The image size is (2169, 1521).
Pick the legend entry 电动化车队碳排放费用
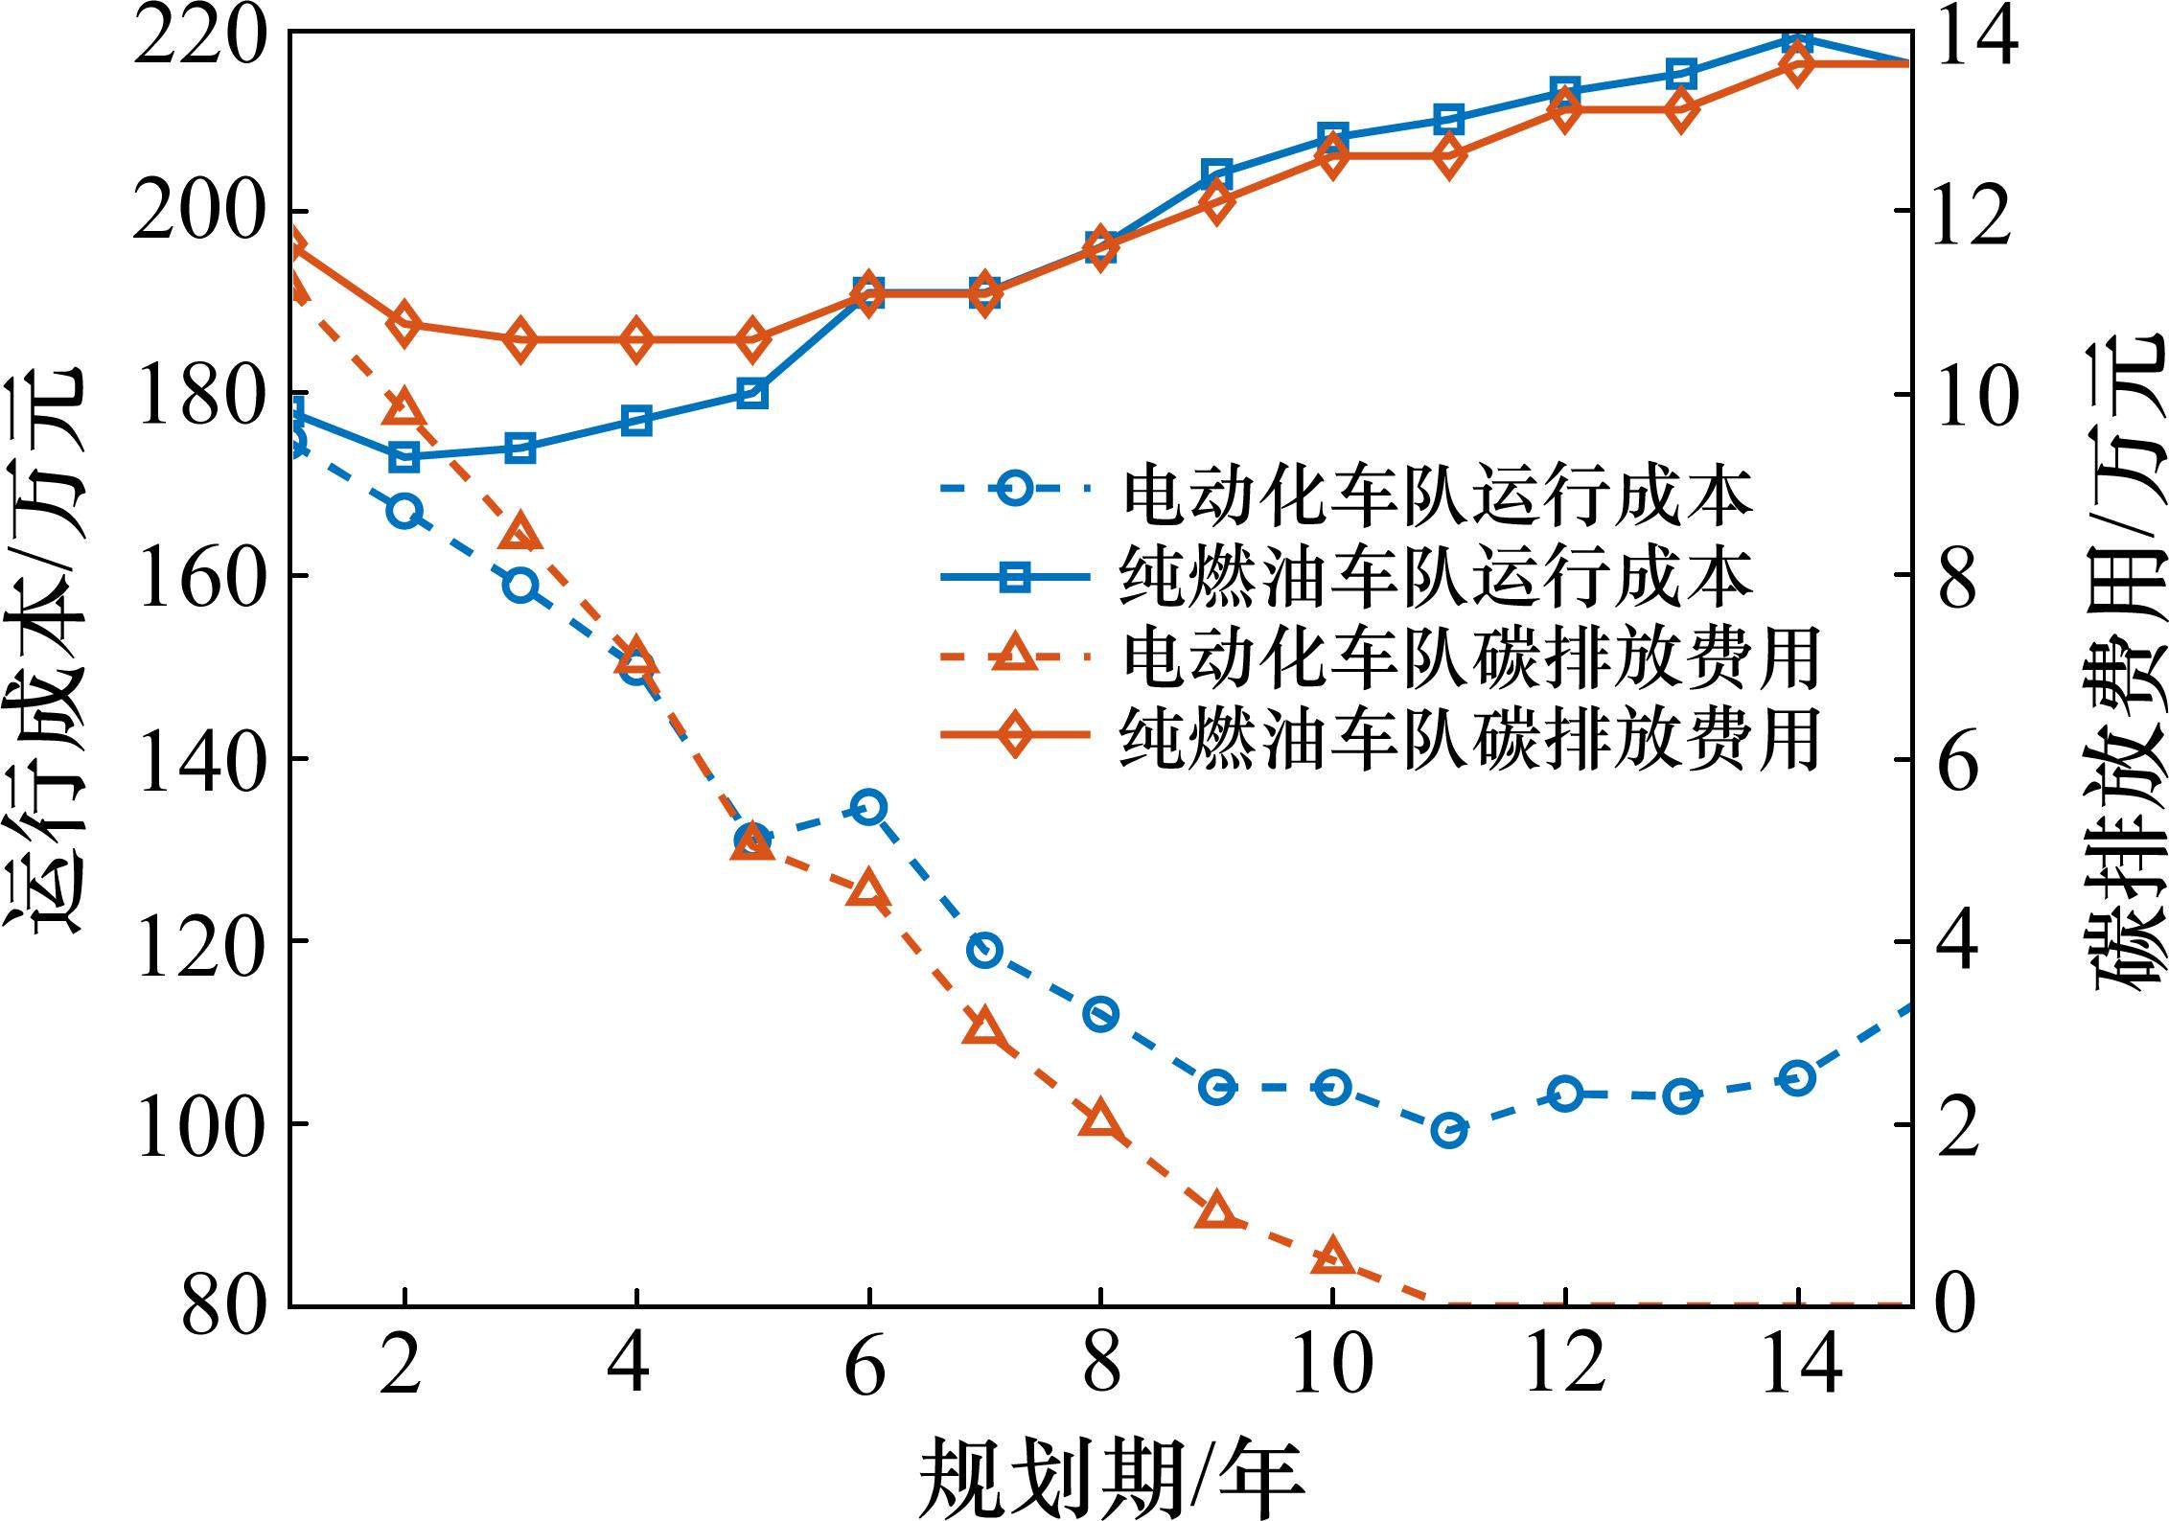pos(1470,658)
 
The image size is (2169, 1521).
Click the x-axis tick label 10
pos(1332,1365)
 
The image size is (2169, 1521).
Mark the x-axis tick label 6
pos(867,1365)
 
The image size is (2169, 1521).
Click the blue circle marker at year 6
pos(868,807)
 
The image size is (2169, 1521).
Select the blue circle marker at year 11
pos(1448,1131)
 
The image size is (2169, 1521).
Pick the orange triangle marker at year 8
pos(1100,1119)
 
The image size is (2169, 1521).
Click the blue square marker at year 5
pos(752,393)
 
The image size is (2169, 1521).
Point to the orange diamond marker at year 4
pos(636,340)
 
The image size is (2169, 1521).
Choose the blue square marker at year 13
pos(1681,73)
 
